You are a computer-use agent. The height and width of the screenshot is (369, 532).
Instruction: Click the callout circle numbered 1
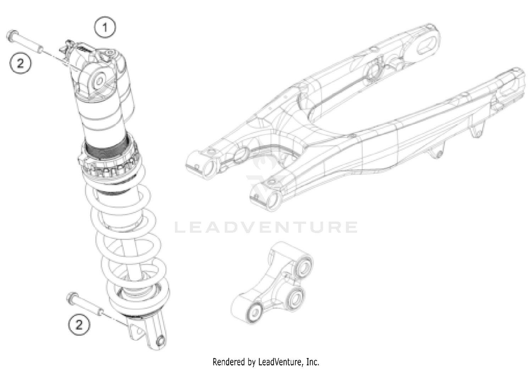click(x=105, y=27)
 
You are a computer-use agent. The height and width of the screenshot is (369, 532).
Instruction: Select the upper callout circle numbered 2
click(x=21, y=64)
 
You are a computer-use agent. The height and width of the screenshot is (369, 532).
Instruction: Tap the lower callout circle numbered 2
click(x=79, y=324)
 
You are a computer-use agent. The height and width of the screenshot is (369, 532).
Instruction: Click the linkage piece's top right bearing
click(x=305, y=266)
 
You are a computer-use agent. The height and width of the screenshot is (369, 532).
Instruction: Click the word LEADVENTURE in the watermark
click(x=266, y=227)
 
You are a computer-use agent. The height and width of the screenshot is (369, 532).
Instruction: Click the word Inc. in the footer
click(x=312, y=362)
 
